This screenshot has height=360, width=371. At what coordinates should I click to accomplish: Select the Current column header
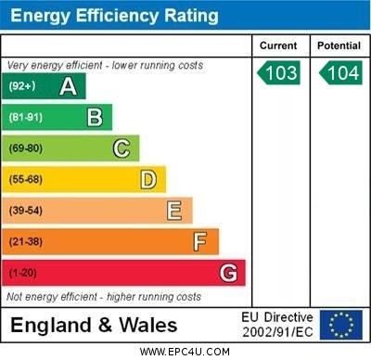pyautogui.click(x=278, y=45)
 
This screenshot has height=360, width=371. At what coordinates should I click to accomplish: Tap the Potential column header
pyautogui.click(x=339, y=45)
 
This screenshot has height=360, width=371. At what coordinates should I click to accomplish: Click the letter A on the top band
pyautogui.click(x=68, y=86)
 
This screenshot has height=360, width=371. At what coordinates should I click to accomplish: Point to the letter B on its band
pyautogui.click(x=95, y=117)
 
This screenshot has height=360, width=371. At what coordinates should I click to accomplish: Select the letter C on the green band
pyautogui.click(x=122, y=148)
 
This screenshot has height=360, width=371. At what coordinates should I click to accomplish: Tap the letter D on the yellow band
pyautogui.click(x=148, y=179)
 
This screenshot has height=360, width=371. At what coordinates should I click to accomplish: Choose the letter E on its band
pyautogui.click(x=174, y=211)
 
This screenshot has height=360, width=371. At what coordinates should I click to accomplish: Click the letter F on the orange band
pyautogui.click(x=200, y=241)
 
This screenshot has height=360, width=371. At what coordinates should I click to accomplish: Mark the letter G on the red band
pyautogui.click(x=228, y=273)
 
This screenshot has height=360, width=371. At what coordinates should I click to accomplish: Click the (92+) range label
pyautogui.click(x=22, y=86)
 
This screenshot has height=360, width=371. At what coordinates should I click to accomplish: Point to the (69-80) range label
pyautogui.click(x=26, y=148)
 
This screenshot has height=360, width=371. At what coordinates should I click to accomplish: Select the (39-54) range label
pyautogui.click(x=26, y=211)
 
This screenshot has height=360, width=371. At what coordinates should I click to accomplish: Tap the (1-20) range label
pyautogui.click(x=22, y=273)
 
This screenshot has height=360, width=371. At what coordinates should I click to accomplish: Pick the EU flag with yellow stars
pyautogui.click(x=340, y=325)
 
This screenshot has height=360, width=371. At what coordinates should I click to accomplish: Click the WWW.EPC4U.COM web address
pyautogui.click(x=185, y=352)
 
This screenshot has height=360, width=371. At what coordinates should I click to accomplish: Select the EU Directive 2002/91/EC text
pyautogui.click(x=277, y=325)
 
